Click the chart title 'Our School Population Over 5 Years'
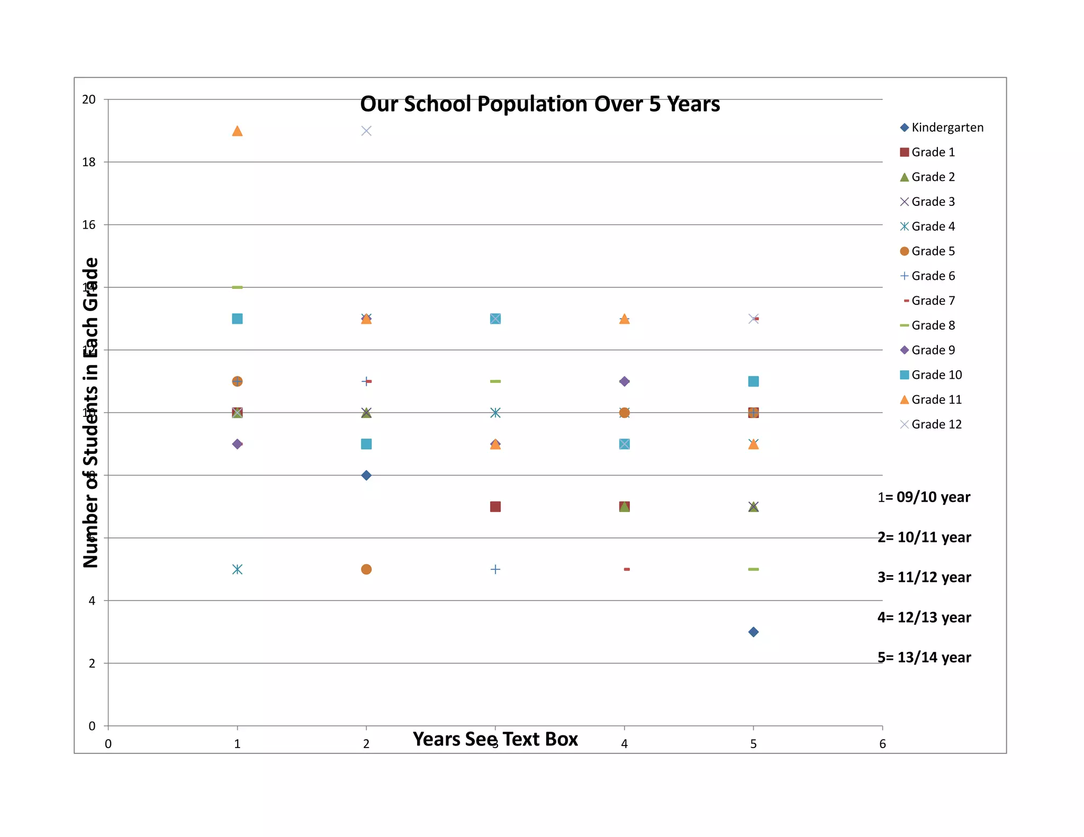(540, 104)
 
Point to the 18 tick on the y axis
(89, 162)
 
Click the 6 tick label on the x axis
(882, 744)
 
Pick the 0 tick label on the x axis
(108, 744)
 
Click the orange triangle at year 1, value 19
(237, 131)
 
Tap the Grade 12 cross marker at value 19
(366, 131)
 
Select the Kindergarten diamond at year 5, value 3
(753, 632)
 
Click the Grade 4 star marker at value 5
(237, 569)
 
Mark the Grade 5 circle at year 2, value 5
(366, 569)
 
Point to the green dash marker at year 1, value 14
(237, 287)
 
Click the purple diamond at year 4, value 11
(625, 381)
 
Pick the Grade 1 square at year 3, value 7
(495, 507)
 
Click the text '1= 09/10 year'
(924, 497)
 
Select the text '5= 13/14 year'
(924, 658)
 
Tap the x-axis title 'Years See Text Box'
(495, 739)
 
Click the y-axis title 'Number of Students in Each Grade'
(91, 413)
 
